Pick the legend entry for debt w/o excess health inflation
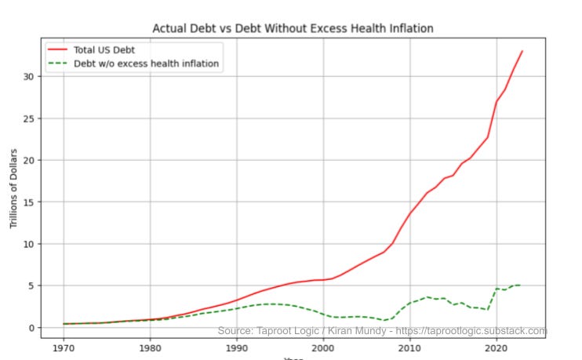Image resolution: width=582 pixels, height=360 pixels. pos(146,64)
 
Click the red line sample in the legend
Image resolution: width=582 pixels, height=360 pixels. pos(58,49)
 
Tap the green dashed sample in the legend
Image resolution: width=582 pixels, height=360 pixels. pos(58,64)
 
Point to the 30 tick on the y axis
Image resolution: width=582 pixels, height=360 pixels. pos(28,77)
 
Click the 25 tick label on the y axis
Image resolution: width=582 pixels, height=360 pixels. pos(28,118)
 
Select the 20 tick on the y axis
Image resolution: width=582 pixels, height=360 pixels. pos(28,160)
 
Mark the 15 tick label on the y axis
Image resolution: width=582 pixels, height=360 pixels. pos(28,202)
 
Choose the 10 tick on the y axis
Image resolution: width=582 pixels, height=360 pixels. pos(28,244)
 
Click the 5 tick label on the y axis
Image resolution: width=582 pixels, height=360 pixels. pos(31,285)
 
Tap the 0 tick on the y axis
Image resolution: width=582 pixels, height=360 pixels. pos(31,328)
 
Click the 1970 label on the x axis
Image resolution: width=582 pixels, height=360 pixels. pos(64,347)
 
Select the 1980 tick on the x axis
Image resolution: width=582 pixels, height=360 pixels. pos(150,347)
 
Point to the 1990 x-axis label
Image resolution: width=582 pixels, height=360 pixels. pos(236,347)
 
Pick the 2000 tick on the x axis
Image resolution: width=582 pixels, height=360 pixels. pos(322,347)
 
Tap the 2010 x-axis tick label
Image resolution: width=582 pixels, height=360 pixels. pos(409,347)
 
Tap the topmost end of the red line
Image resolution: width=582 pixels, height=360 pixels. pos(522,51)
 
